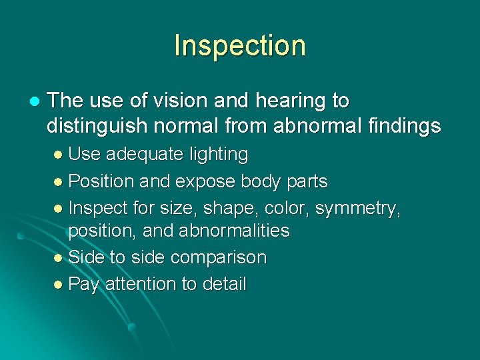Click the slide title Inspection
239,45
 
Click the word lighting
218,155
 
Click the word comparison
219,258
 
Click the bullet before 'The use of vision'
34,101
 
